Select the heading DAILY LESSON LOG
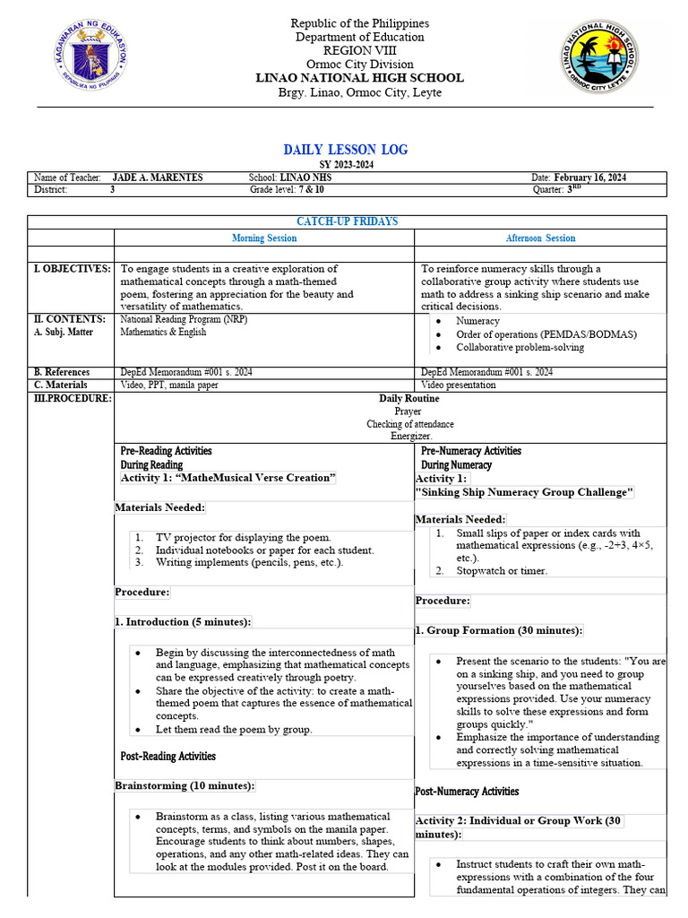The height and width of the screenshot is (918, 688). coord(346,150)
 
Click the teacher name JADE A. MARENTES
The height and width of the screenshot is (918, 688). coord(158,178)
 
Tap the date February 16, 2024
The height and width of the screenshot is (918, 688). coord(590,178)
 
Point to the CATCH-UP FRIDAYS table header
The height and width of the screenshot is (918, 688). coord(347,221)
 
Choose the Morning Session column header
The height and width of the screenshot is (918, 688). coord(264,238)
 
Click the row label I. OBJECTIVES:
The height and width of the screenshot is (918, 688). coord(72,268)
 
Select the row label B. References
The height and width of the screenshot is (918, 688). coord(62,371)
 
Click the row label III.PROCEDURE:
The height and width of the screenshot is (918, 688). coord(72,398)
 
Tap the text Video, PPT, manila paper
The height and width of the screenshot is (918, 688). coord(169,385)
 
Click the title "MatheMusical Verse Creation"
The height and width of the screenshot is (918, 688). coord(228,478)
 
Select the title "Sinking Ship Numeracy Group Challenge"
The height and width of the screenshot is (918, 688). coord(524,492)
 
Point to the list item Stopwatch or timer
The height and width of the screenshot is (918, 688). coord(502,570)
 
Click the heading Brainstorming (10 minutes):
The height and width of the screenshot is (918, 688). coord(185,785)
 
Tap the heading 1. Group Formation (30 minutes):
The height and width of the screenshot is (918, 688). coord(499,630)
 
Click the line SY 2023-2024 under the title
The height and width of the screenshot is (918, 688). coord(346,165)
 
